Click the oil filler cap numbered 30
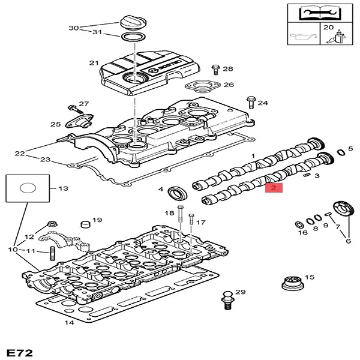[x=133, y=25]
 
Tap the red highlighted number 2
[x=274, y=188]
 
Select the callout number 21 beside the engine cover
[x=93, y=63]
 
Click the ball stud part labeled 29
[x=227, y=299]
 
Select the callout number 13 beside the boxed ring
[x=63, y=188]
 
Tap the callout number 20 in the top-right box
[x=328, y=28]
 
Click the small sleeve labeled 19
[x=85, y=225]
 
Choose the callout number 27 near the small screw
[x=83, y=104]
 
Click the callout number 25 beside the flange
[x=55, y=124]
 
